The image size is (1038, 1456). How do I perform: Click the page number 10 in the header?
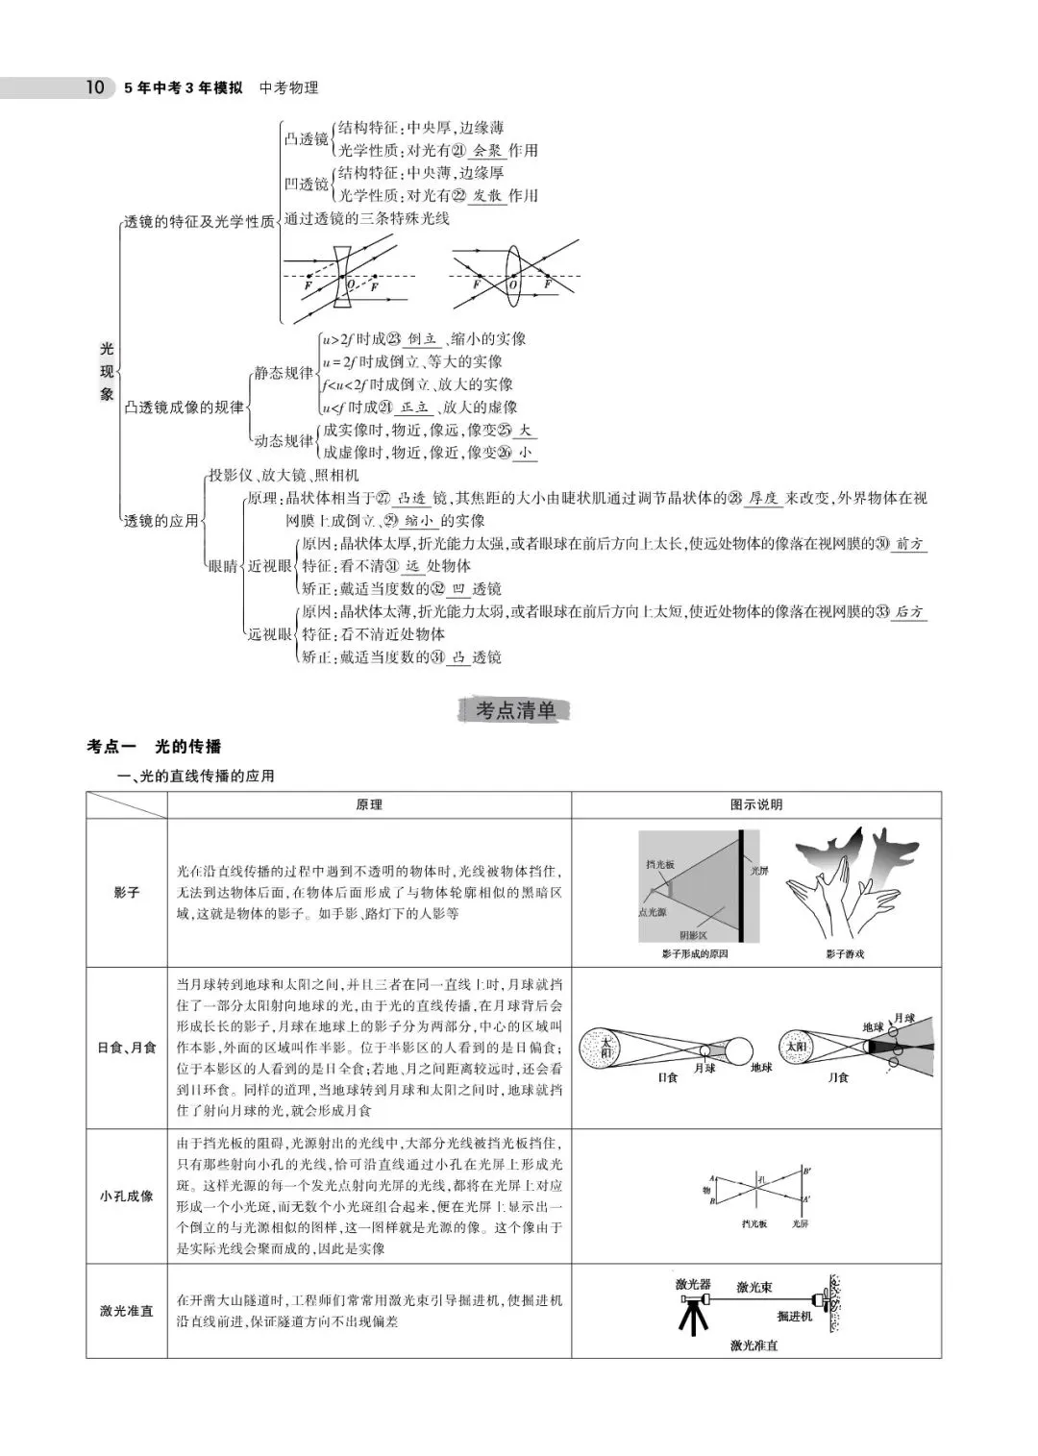pyautogui.click(x=94, y=88)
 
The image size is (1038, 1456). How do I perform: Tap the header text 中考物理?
pyautogui.click(x=288, y=88)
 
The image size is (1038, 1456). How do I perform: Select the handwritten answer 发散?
pyautogui.click(x=487, y=196)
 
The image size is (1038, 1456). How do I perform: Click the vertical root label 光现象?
pyautogui.click(x=107, y=371)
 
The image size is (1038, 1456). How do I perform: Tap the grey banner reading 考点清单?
pyautogui.click(x=516, y=711)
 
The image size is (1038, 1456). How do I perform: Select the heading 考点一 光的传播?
pyautogui.click(x=154, y=747)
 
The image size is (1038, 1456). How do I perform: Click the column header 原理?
pyautogui.click(x=369, y=805)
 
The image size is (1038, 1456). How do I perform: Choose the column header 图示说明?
pyautogui.click(x=756, y=805)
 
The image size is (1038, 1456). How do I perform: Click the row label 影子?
pyautogui.click(x=126, y=893)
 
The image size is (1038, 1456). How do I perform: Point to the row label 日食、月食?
pyautogui.click(x=126, y=1048)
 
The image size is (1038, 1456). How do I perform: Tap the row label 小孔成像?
pyautogui.click(x=126, y=1197)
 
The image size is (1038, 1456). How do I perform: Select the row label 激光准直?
pyautogui.click(x=126, y=1311)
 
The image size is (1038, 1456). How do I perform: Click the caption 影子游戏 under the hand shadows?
pyautogui.click(x=844, y=954)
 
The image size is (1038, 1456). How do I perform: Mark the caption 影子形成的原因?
pyautogui.click(x=695, y=954)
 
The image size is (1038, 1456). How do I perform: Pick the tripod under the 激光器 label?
pyautogui.click(x=691, y=1314)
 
